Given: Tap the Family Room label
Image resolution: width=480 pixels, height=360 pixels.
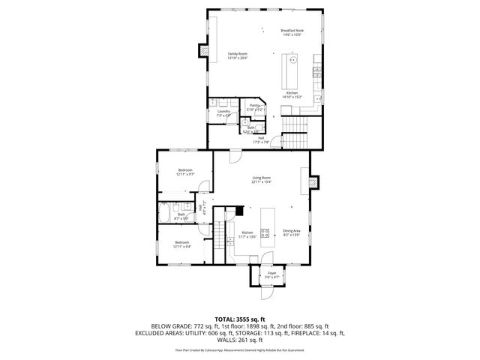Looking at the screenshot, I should (238, 56).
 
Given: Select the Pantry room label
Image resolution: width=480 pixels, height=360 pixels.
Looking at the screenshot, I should (255, 107).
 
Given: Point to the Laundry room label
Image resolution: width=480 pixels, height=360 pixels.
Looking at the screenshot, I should (223, 113).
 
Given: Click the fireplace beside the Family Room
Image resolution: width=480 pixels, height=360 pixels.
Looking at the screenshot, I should (203, 51).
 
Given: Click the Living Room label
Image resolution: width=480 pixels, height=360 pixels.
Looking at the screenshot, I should (260, 179).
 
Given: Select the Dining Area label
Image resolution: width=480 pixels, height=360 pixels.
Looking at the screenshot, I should (292, 232).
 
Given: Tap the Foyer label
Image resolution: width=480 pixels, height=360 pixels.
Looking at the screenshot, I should (272, 274).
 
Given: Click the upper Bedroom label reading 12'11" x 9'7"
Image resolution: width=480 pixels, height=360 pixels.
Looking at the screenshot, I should (185, 172).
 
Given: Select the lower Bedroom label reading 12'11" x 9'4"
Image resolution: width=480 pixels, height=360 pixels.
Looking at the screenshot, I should (182, 244).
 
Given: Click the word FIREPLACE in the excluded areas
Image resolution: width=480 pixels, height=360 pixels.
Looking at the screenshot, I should (315, 332).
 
